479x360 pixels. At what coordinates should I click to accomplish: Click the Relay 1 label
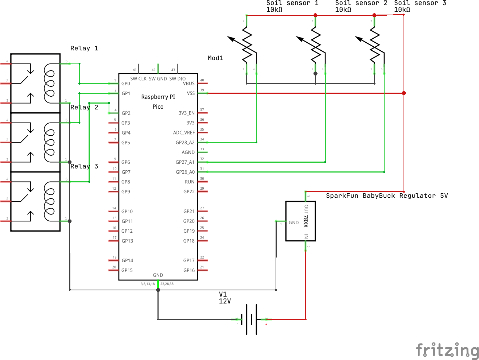(84, 49)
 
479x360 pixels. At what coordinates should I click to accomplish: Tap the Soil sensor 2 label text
(361, 3)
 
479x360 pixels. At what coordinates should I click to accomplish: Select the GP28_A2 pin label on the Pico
(185, 143)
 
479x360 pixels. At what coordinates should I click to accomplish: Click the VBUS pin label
(188, 84)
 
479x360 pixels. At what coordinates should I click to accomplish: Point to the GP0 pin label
(126, 84)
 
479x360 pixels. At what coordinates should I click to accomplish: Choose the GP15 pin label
(127, 270)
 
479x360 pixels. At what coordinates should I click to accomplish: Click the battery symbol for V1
(251, 320)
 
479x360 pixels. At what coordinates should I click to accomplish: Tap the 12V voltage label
(225, 301)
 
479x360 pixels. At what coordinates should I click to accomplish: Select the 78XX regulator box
(300, 221)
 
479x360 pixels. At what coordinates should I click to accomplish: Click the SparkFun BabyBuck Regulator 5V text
(386, 196)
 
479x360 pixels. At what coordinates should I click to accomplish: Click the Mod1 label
(215, 58)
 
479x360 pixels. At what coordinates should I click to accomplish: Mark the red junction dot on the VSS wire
(404, 93)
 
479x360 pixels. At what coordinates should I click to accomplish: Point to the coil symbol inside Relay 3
(49, 201)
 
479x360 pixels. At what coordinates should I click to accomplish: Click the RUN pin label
(190, 182)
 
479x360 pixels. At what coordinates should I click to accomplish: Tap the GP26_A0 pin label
(185, 172)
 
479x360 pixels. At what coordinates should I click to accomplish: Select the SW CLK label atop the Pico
(138, 79)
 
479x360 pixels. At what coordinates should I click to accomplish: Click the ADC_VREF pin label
(184, 133)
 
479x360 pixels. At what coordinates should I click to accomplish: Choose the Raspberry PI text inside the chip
(158, 97)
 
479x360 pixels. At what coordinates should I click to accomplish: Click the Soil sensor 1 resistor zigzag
(247, 46)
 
